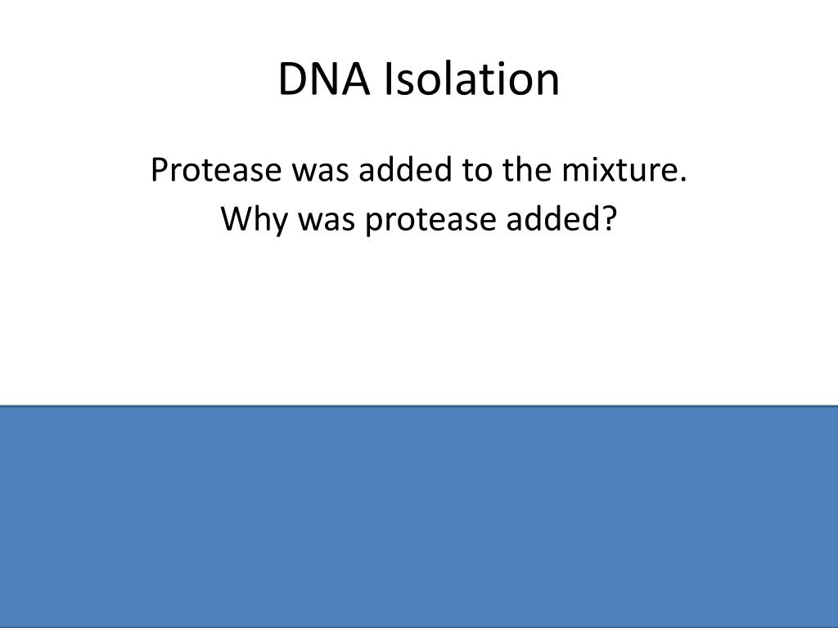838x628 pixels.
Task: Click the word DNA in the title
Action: [324, 79]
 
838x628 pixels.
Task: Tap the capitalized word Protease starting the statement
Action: [216, 170]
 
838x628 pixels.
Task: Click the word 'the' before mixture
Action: [526, 170]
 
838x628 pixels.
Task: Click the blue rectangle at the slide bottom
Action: [419, 517]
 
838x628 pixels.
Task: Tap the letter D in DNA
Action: [294, 79]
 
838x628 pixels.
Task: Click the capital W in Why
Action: [239, 218]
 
